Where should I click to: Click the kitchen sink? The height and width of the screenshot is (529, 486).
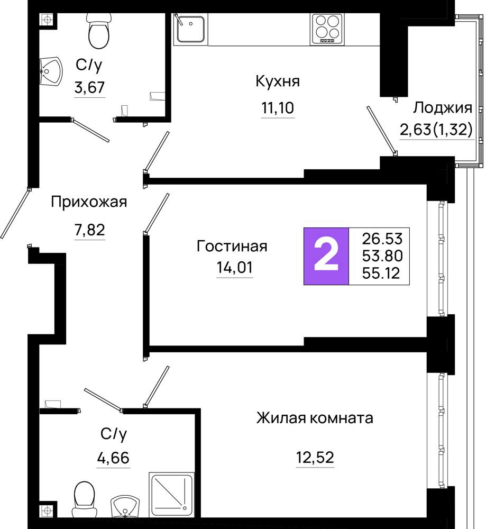[190, 29]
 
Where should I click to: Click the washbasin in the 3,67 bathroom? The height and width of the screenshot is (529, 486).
[51, 71]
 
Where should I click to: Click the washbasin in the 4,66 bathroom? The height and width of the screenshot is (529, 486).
[125, 506]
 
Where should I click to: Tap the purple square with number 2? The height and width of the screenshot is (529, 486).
[326, 257]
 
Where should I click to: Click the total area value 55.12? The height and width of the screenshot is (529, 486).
[381, 272]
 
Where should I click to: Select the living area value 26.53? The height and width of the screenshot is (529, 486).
[382, 239]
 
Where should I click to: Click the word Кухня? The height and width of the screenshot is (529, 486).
[278, 81]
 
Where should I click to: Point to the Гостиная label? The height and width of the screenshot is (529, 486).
[232, 247]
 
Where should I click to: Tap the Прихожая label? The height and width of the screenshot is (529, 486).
[89, 203]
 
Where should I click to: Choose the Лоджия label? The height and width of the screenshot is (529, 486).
[443, 108]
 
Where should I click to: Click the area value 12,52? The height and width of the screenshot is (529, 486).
[315, 458]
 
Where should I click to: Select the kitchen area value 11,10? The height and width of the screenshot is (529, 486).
[278, 108]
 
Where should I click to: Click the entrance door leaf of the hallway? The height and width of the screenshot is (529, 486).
[15, 214]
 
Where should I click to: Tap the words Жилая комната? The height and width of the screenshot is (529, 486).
[315, 418]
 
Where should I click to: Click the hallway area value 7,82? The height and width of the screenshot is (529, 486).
[90, 230]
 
